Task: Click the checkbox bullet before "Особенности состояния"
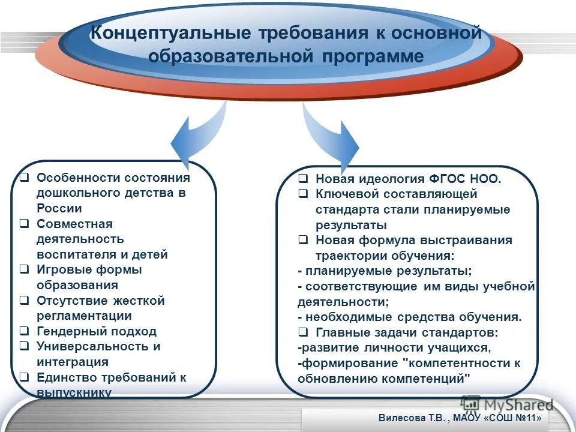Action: pos(24,178)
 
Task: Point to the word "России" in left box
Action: pos(59,209)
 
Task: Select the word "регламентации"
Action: pos(84,316)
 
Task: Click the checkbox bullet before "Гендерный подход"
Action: pos(24,331)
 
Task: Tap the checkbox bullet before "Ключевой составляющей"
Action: pos(304,194)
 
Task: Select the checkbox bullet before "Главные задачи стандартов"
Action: pos(304,332)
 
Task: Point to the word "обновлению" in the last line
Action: pos(334,379)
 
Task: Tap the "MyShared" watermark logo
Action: pos(506,403)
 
